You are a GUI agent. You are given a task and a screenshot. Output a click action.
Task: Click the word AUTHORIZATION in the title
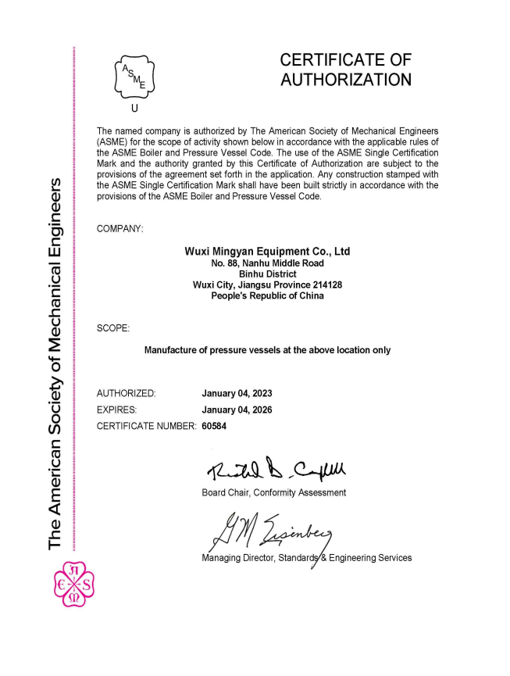(x=345, y=79)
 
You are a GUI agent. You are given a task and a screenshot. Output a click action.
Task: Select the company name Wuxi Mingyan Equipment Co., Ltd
(x=267, y=252)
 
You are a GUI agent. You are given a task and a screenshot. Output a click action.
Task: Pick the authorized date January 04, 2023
(x=237, y=392)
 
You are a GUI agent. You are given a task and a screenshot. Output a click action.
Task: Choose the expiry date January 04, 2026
(x=237, y=410)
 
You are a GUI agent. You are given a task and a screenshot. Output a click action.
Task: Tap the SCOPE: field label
(x=112, y=327)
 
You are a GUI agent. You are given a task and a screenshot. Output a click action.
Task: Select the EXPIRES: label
(x=117, y=410)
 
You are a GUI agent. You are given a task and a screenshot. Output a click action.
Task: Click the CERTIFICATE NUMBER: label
(x=146, y=427)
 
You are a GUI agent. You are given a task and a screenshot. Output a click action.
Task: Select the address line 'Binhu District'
(x=267, y=274)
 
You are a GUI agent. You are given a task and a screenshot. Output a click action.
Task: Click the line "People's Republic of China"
(x=267, y=296)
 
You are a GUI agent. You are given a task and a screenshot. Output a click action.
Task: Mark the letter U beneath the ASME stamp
(x=135, y=109)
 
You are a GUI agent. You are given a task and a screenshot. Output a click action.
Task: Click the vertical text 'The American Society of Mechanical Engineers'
(x=55, y=363)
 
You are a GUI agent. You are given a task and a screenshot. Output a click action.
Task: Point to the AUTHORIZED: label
(x=126, y=392)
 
